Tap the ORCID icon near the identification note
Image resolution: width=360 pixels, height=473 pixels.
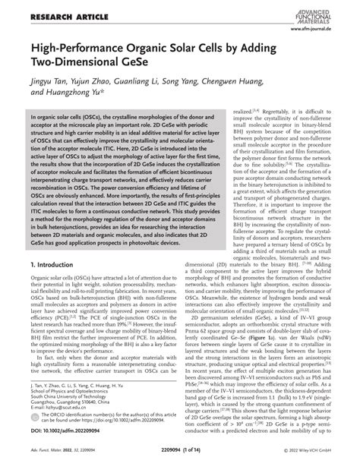pos(34,410)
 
